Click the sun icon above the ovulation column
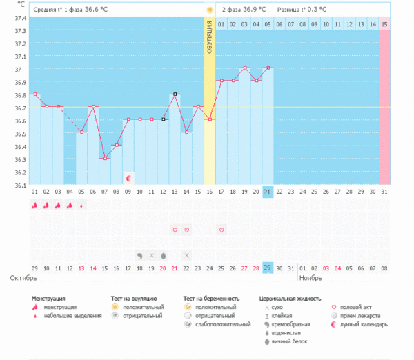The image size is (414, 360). click(209, 10)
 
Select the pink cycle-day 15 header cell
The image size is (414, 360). click(384, 24)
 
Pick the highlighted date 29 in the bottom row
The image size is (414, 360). click(268, 267)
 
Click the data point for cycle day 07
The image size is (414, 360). click(104, 159)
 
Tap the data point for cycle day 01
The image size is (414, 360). click(34, 94)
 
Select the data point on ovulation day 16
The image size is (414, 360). click(209, 119)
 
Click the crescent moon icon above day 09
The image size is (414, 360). click(128, 178)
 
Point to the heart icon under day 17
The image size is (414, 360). click(221, 230)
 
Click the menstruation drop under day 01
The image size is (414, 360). click(34, 205)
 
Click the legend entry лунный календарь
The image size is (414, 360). click(362, 324)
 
